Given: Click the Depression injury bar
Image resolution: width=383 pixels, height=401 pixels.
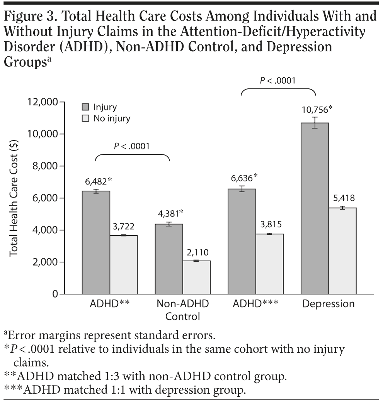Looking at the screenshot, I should pos(315,208).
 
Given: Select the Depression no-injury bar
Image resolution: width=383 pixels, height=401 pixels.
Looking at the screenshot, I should pos(342,251).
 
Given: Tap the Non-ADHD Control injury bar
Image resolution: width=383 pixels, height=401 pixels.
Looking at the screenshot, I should pos(169,259).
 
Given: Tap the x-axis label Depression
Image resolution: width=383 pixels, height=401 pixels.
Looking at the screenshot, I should pos(328,304).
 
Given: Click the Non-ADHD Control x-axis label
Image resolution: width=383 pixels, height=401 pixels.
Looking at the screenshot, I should pos(183,310).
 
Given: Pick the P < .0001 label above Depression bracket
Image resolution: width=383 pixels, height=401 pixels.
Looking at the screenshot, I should pos(277,80).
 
